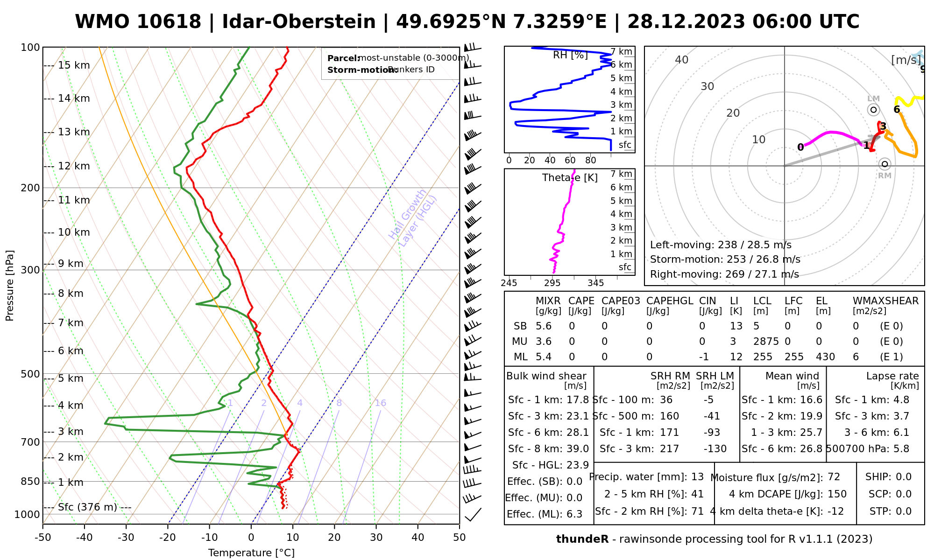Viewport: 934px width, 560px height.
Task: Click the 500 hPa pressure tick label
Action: (31, 374)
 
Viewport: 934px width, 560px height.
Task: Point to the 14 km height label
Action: (74, 98)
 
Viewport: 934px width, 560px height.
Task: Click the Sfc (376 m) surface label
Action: (88, 507)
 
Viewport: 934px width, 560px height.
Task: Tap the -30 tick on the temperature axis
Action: (126, 538)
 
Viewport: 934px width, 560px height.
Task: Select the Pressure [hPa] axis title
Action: (10, 286)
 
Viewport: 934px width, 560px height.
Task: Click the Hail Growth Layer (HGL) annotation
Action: (413, 217)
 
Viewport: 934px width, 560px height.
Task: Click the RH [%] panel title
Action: (570, 55)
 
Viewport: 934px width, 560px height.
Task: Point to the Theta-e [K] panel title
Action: (570, 178)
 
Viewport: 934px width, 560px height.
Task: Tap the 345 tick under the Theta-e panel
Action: (595, 283)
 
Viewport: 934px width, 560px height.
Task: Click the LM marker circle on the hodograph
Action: (873, 110)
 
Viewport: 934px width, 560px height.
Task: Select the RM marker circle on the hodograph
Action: (884, 164)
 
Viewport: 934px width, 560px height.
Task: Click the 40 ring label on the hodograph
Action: (682, 60)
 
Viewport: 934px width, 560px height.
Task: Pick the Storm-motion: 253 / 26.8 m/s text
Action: (725, 259)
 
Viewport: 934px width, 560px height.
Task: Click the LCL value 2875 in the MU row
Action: (766, 342)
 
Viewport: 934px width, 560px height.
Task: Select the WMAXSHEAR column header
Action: (885, 301)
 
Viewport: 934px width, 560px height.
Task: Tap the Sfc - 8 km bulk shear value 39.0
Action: (578, 449)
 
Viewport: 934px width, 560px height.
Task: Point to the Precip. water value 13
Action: (697, 477)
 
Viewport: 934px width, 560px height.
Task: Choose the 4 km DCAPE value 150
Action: (837, 494)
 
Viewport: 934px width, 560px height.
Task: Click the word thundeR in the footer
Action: (582, 539)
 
